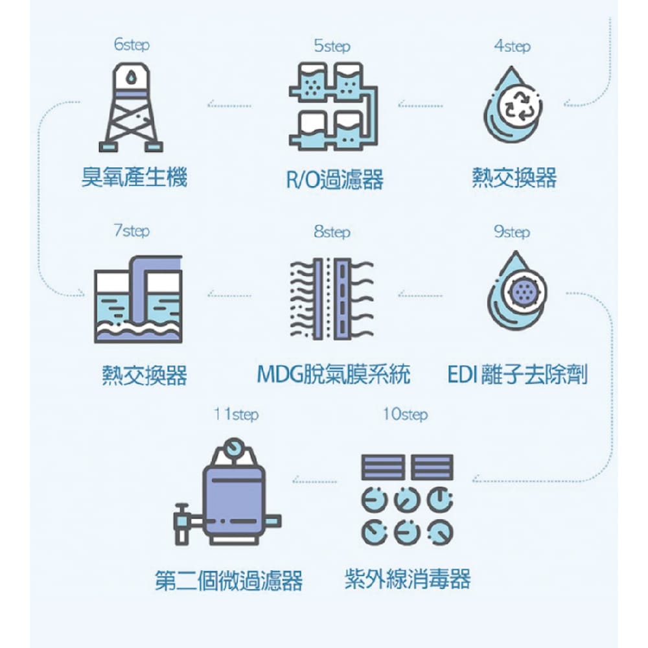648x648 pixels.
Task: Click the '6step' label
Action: click(x=132, y=45)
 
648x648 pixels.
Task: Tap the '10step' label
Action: click(x=405, y=414)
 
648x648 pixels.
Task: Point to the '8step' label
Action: click(x=332, y=232)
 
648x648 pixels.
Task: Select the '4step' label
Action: click(x=512, y=46)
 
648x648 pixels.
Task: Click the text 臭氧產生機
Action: click(x=134, y=177)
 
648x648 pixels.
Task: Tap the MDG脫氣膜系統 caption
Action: click(x=334, y=375)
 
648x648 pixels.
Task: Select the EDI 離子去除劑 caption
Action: click(x=517, y=375)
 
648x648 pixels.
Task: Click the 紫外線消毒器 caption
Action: click(x=407, y=578)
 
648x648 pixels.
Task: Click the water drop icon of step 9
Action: click(x=516, y=292)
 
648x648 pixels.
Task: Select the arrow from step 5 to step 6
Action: click(x=229, y=106)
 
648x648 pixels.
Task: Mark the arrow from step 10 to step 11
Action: click(x=314, y=481)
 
